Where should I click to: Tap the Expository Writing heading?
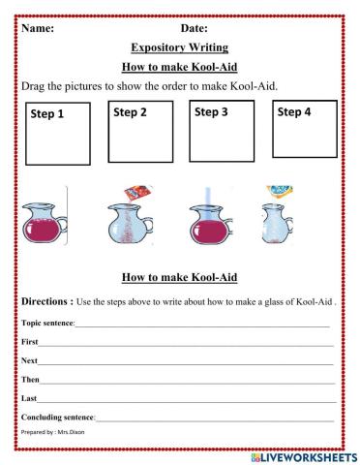tap(179, 47)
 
